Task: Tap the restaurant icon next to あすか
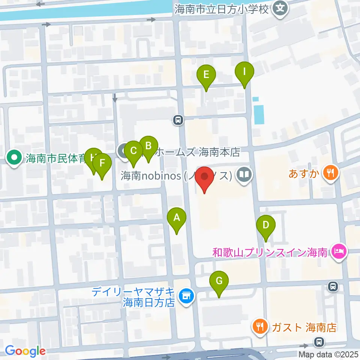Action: (x=330, y=173)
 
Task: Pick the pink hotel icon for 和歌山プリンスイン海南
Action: (x=339, y=251)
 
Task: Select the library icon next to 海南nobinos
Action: (x=244, y=175)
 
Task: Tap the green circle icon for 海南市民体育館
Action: (x=14, y=158)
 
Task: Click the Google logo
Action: (x=25, y=351)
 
